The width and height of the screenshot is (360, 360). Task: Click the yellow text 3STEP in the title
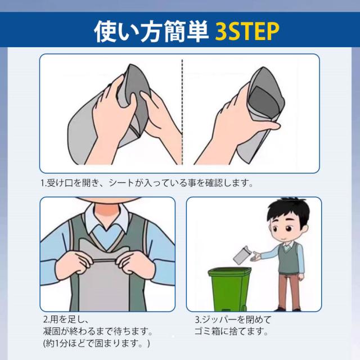(x=247, y=31)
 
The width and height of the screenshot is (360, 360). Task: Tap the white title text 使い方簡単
(x=151, y=31)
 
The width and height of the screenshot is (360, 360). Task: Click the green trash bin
(x=229, y=289)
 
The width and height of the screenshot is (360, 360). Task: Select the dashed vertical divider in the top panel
(x=182, y=112)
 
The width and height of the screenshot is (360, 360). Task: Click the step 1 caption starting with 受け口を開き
(x=147, y=183)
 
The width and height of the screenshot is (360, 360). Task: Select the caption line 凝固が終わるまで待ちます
(x=98, y=331)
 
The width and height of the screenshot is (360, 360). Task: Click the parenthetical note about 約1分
(x=96, y=343)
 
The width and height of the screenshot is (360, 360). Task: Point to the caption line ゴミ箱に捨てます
(x=231, y=331)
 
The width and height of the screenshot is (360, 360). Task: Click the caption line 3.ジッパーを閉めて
(x=233, y=319)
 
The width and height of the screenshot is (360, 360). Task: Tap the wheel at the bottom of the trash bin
(x=244, y=308)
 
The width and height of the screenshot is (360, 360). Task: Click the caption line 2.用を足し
(x=66, y=319)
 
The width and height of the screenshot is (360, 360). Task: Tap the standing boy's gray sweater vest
(x=289, y=259)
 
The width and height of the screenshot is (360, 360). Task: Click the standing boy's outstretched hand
(x=256, y=256)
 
